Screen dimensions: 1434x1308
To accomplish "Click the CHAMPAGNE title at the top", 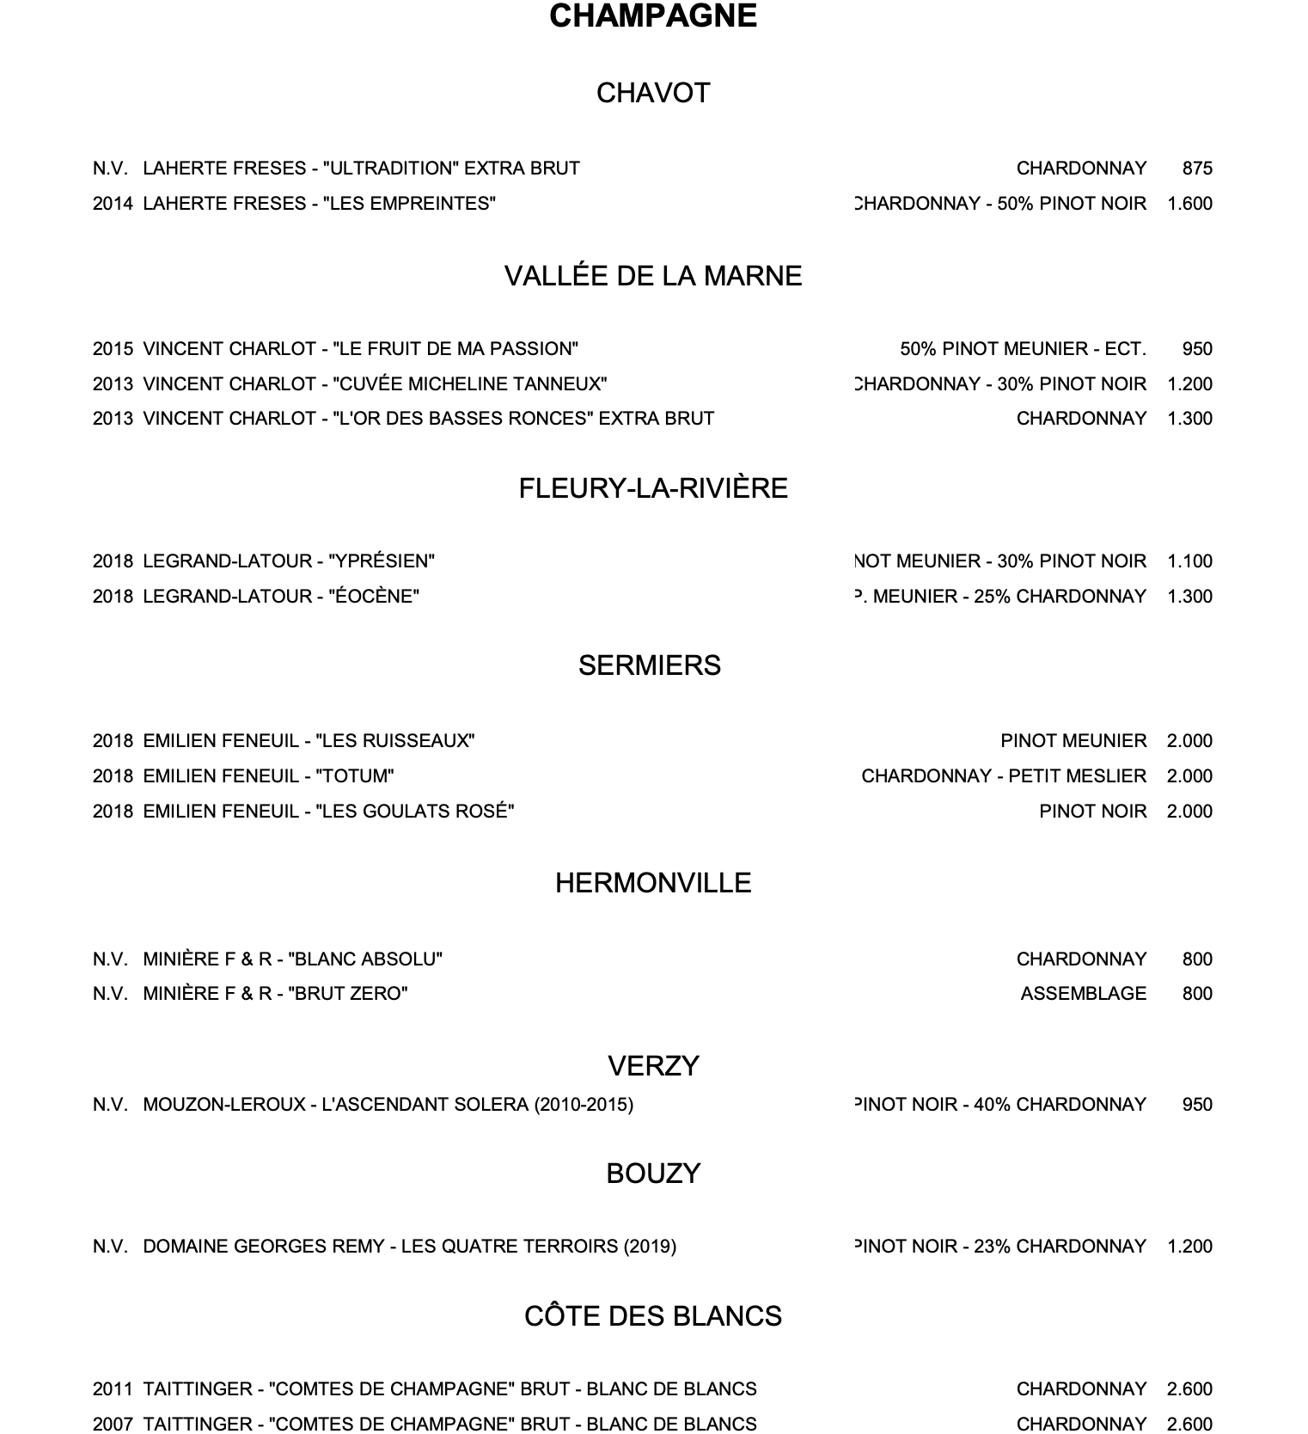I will coord(653,16).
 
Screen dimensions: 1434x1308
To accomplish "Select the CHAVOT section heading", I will coord(653,93).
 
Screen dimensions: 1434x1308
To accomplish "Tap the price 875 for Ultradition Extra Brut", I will coord(1196,169).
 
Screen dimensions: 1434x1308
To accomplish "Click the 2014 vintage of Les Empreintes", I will coord(113,204).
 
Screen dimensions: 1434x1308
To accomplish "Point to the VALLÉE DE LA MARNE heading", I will coord(653,276).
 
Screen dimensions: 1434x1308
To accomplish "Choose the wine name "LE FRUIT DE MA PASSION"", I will coord(455,349).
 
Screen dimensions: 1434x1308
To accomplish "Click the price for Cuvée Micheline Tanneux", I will coord(1189,384).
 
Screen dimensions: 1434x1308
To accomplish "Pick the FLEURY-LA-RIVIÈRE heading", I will coord(653,488).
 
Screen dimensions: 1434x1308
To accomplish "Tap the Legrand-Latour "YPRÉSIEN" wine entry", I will coord(289,561).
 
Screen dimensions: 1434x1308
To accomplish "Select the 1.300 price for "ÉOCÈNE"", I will coord(1189,597).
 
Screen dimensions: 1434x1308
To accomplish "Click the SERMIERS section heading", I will coord(649,665).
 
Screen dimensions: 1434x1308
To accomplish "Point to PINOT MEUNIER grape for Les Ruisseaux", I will coord(1073,741).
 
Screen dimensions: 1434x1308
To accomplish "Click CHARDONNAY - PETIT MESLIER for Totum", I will coord(1003,776).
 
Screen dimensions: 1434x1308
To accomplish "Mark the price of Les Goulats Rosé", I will coord(1189,812).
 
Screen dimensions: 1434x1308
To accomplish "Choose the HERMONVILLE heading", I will coord(653,883).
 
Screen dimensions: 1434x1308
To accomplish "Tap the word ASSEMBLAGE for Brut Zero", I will coord(1083,994).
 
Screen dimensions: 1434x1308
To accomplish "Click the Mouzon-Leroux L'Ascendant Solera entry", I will coord(388,1105).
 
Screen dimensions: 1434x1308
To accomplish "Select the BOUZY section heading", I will coord(653,1174).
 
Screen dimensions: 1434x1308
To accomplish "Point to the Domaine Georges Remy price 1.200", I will coord(1189,1247).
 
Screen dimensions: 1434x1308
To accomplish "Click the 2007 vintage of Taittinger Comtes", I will coord(113,1424).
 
